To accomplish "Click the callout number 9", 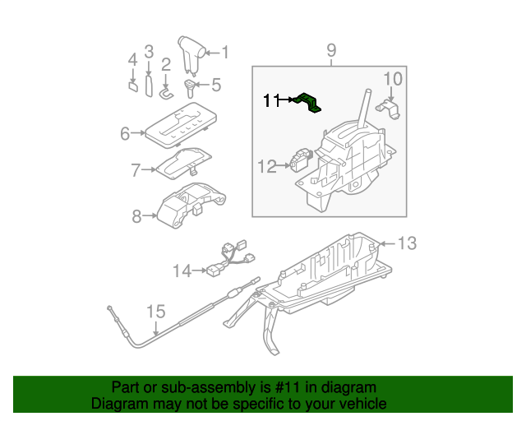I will [x=331, y=52].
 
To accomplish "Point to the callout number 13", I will [x=408, y=243].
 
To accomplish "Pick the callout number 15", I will [x=155, y=312].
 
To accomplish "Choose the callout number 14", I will [x=182, y=270].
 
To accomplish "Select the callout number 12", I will [x=266, y=167].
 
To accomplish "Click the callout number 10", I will [x=393, y=79].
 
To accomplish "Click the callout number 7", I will [x=136, y=171].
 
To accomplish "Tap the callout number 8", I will [x=136, y=216].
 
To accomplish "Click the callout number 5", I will [x=216, y=84].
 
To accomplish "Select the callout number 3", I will [x=149, y=52].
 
